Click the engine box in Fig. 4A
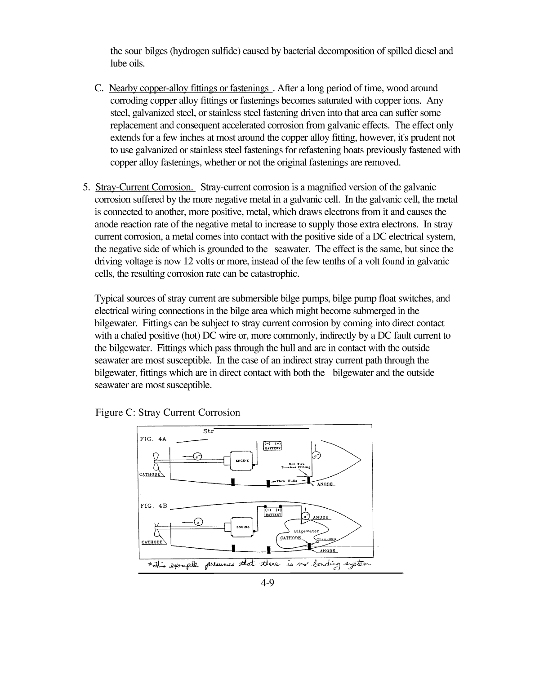pos(240,460)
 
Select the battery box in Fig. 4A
pos(272,445)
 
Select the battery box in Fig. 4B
pos(273,512)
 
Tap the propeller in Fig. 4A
pos(156,462)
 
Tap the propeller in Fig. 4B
pos(157,529)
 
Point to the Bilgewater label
pos(306,531)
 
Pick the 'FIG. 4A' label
pos(153,439)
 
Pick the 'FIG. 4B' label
pos(153,506)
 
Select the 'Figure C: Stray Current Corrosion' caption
pos(167,413)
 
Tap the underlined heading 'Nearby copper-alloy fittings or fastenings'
pos(189,88)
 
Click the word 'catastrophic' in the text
pos(275,274)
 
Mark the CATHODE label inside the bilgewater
pos(290,538)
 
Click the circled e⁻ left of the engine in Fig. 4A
pos(197,457)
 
